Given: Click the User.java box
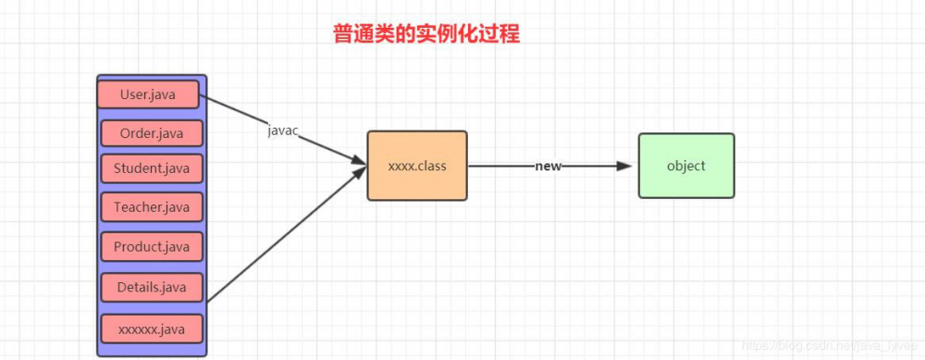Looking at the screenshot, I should (148, 94).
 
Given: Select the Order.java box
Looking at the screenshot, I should (152, 133).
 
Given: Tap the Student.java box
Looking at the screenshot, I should (152, 168).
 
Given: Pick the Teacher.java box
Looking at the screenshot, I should (152, 207).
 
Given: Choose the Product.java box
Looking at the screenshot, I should (152, 247).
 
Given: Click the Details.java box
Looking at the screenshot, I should (152, 288).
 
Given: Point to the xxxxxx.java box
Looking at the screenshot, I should (152, 329).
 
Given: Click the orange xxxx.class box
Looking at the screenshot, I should (417, 166).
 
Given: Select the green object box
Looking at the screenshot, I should (685, 166).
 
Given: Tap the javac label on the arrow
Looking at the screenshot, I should (282, 131).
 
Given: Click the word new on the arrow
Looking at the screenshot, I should (548, 167).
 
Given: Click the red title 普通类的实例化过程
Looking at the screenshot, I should (426, 34).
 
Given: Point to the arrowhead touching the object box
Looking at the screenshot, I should (624, 167).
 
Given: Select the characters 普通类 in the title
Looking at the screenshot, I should (361, 34).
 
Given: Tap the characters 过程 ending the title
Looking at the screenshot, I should (500, 34).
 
